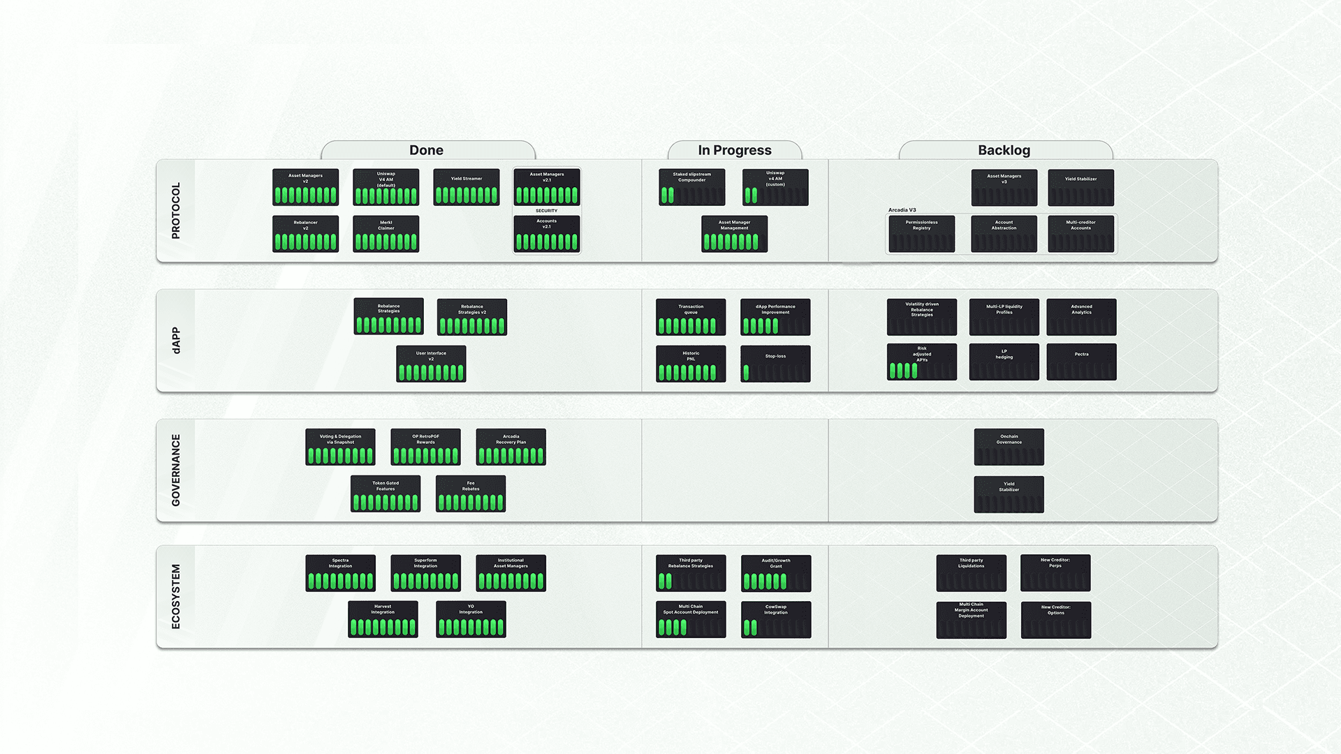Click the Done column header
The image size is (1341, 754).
tap(426, 150)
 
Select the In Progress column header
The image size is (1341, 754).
tap(735, 150)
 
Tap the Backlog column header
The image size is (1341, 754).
tap(1004, 150)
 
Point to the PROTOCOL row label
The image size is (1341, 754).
tap(176, 211)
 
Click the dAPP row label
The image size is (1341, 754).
tap(176, 341)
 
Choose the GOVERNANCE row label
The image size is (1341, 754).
tap(176, 471)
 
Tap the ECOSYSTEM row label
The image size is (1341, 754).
tap(176, 597)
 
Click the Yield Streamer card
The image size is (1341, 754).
tap(466, 187)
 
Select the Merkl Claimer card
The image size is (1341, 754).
tap(386, 234)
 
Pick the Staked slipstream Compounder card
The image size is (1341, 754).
tap(691, 187)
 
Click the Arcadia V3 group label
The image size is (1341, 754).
tap(902, 210)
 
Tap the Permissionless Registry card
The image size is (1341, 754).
tap(921, 234)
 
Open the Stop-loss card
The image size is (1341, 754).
tap(775, 364)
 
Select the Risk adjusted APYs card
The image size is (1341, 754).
tap(921, 362)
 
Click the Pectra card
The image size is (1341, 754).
tap(1081, 362)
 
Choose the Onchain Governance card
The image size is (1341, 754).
tap(1009, 447)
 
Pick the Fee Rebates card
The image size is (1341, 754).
tap(470, 494)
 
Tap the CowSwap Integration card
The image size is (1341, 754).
tap(775, 619)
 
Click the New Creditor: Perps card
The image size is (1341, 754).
tap(1055, 572)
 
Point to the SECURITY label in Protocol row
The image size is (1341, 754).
tap(546, 211)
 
